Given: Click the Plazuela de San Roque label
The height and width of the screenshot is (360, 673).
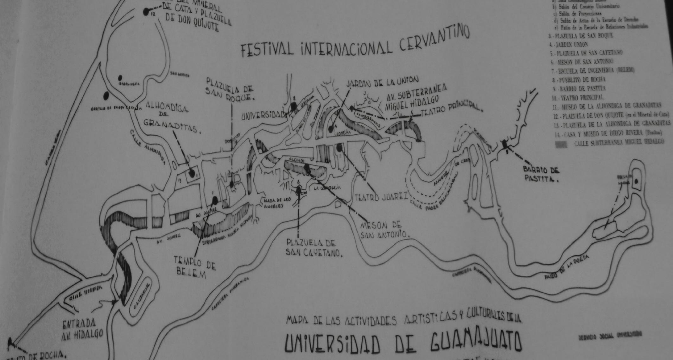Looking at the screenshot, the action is coord(229,89).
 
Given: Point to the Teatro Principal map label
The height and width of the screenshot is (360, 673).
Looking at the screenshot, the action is coord(451,106).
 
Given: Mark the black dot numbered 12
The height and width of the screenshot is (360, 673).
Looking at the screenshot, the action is coord(146,12).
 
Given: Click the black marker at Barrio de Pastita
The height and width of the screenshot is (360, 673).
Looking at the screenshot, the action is coord(505,144).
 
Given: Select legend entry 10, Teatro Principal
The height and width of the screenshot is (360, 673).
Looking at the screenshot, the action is coord(578,97).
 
